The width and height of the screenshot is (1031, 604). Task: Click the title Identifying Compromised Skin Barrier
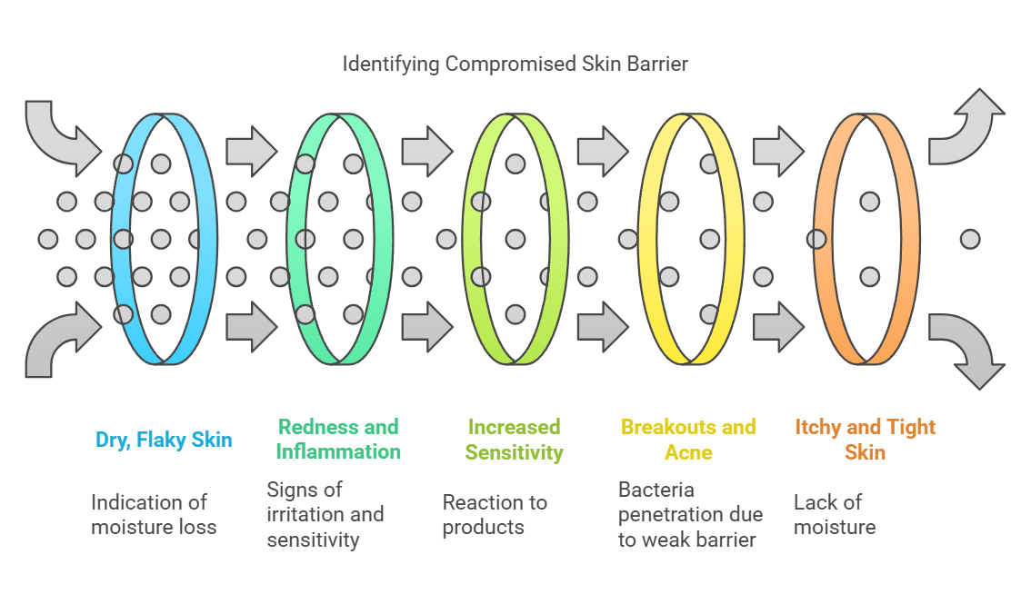515,64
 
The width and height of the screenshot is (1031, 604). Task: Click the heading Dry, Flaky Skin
164,441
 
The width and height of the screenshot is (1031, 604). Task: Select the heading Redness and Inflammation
338,439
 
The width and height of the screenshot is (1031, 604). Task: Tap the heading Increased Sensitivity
514,439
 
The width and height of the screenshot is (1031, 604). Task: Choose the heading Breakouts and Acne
688,439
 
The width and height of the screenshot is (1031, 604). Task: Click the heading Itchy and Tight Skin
865,439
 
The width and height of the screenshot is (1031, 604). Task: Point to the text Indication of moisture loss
154,514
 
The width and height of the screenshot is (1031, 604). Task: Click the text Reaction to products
495,514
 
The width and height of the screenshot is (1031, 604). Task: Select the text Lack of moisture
834,514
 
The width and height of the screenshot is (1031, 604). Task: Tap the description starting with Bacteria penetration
690,514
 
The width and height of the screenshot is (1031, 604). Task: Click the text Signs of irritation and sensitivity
325,514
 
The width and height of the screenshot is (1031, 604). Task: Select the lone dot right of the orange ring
970,239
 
